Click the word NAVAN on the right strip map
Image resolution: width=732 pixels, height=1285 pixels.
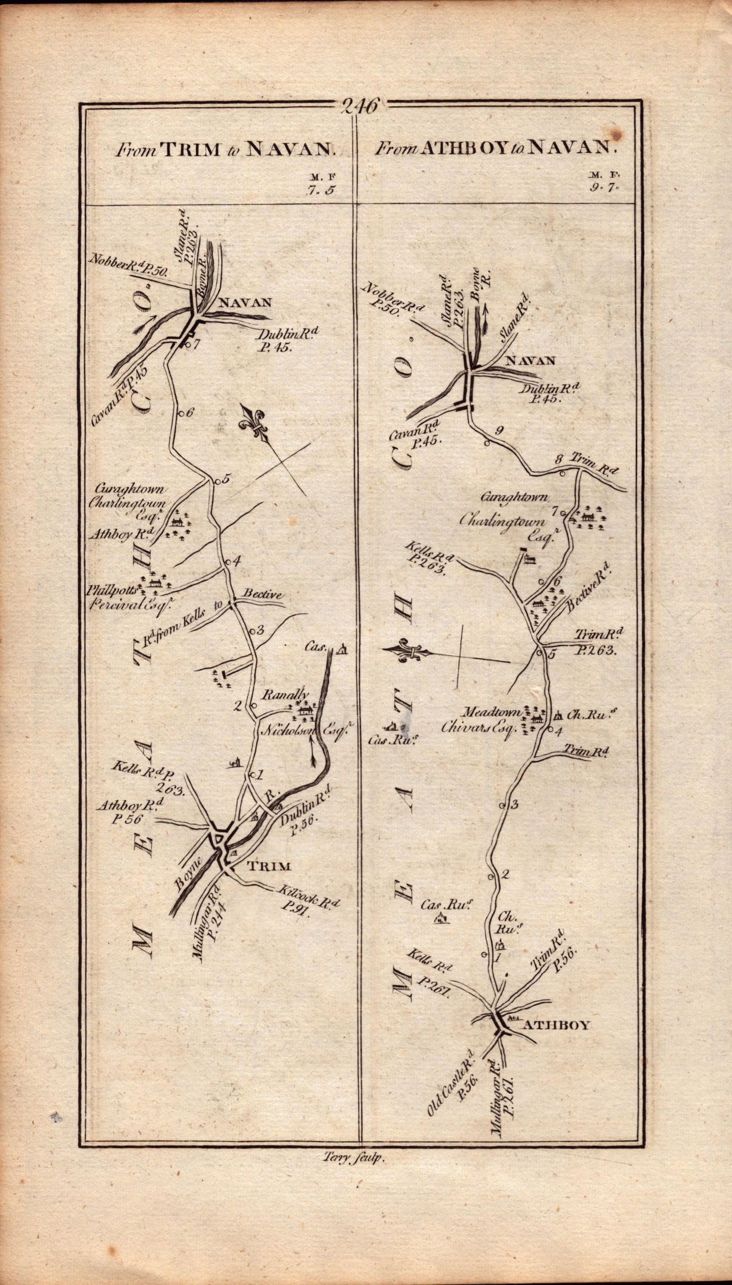pyautogui.click(x=529, y=360)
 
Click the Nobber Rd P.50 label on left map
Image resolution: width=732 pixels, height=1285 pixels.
pyautogui.click(x=128, y=259)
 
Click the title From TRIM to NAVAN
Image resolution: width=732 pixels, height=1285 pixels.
pyautogui.click(x=224, y=149)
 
